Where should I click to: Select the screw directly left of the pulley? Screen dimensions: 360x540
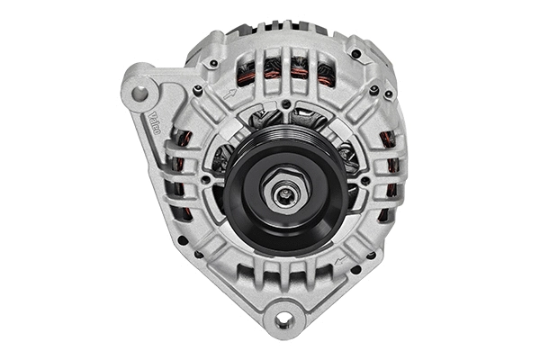(x=206, y=179)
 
